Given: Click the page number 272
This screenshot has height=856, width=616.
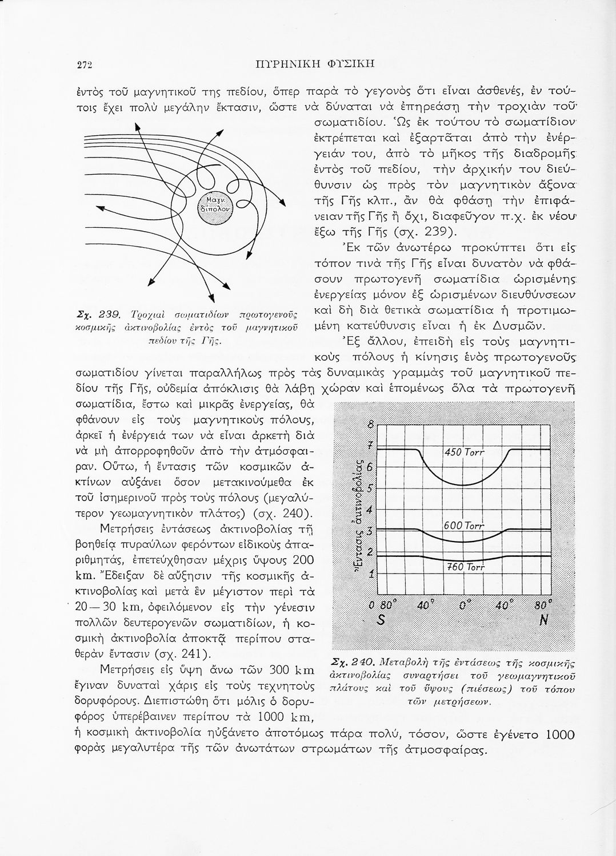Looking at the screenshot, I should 84,64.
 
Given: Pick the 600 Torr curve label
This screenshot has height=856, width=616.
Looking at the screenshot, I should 463,526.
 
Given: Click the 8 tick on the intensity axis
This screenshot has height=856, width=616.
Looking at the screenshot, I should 370,425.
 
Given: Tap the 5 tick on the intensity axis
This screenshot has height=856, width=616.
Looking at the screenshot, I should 370,488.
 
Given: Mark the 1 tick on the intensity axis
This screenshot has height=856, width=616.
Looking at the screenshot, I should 370,575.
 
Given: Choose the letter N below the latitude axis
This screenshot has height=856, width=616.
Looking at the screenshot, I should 543,621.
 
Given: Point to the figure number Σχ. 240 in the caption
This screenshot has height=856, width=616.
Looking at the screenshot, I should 353,662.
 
